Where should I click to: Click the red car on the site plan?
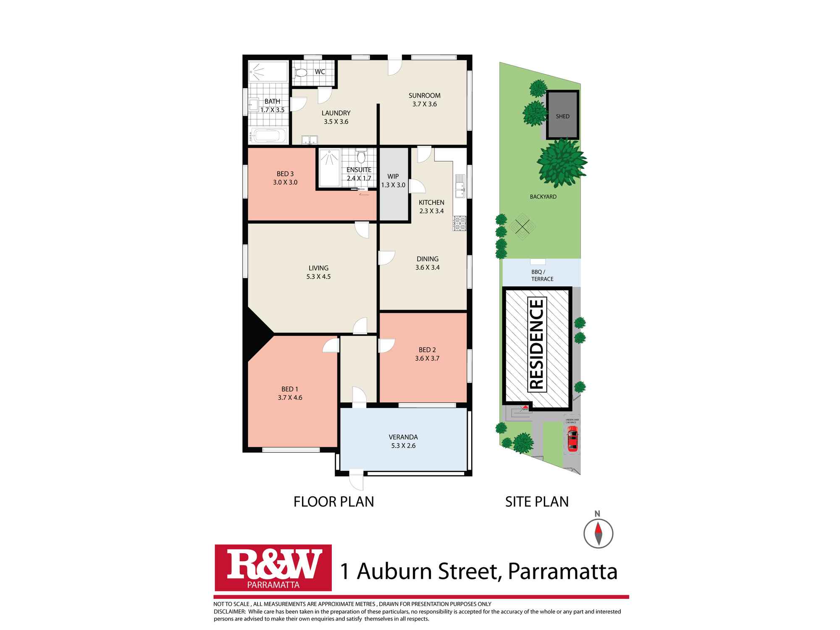pyautogui.click(x=572, y=438)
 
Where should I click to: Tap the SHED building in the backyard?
pyautogui.click(x=562, y=115)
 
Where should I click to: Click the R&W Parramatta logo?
pyautogui.click(x=273, y=567)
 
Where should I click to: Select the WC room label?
pyautogui.click(x=320, y=72)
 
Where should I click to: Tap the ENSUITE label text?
pyautogui.click(x=359, y=170)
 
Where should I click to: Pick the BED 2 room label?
pyautogui.click(x=427, y=350)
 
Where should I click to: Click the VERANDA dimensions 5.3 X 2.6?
pyautogui.click(x=403, y=446)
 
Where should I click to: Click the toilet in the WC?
pyautogui.click(x=301, y=73)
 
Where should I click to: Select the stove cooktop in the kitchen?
pyautogui.click(x=459, y=223)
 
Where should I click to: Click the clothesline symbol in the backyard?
pyautogui.click(x=522, y=228)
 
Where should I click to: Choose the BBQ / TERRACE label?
pyautogui.click(x=542, y=276)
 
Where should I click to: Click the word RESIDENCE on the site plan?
pyautogui.click(x=537, y=344)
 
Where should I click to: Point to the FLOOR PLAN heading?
pyautogui.click(x=333, y=501)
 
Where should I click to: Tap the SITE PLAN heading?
pyautogui.click(x=537, y=501)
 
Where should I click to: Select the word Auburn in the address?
pyautogui.click(x=394, y=572)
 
